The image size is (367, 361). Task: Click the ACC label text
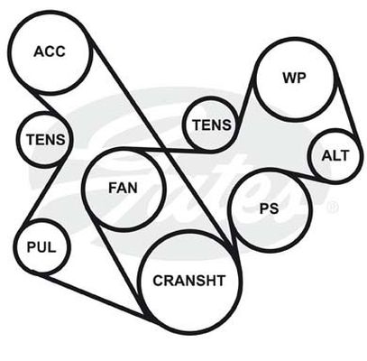(x=50, y=51)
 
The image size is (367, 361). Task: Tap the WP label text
(x=294, y=78)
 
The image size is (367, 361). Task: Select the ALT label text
(x=335, y=155)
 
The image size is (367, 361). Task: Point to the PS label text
(x=269, y=208)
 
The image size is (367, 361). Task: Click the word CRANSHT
(x=189, y=281)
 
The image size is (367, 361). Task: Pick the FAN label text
(x=123, y=188)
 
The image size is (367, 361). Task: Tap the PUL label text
(x=41, y=247)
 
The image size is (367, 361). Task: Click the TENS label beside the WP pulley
(x=212, y=125)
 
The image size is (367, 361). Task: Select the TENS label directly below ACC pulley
(x=45, y=140)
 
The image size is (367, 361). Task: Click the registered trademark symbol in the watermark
(x=332, y=207)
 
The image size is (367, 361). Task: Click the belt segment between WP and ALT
(x=347, y=106)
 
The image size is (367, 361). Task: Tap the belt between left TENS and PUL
(x=44, y=191)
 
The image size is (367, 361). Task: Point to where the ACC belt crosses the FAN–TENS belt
(x=164, y=149)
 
